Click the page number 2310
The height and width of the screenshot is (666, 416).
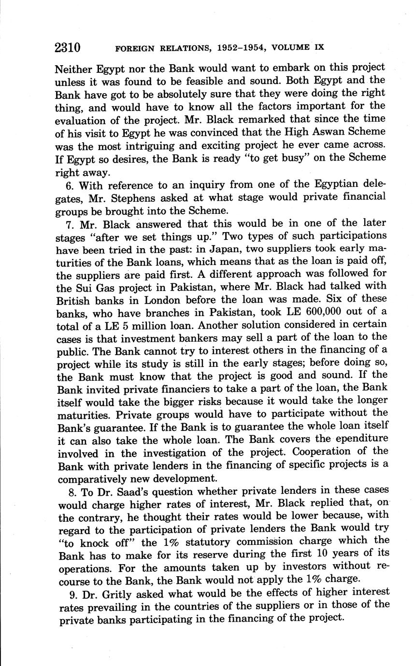(x=67, y=47)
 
